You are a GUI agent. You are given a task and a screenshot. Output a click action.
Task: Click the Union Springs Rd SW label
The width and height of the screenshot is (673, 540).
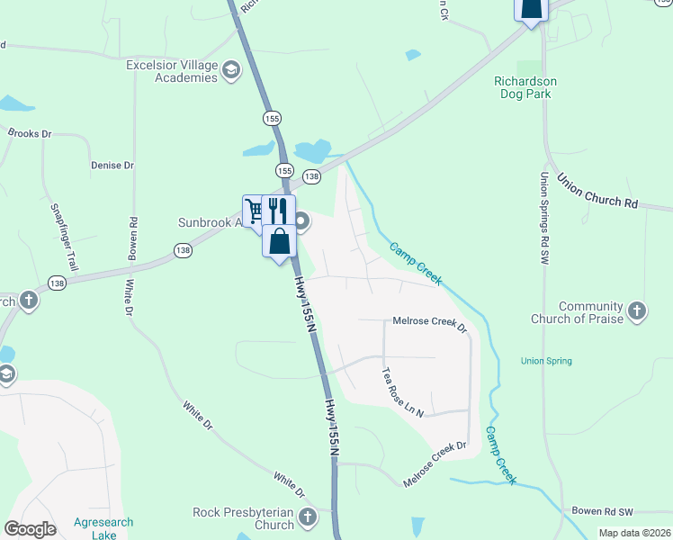pos(544,219)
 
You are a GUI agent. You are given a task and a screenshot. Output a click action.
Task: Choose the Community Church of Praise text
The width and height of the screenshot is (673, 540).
pos(591,312)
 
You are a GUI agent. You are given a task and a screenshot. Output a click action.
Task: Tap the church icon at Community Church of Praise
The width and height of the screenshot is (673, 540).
pos(637,311)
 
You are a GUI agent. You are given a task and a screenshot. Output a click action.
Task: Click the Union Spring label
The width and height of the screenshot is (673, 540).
pos(546,362)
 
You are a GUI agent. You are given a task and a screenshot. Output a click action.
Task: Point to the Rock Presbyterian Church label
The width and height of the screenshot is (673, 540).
pos(244,518)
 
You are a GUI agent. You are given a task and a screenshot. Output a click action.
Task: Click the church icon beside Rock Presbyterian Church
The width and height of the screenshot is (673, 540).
pos(309,517)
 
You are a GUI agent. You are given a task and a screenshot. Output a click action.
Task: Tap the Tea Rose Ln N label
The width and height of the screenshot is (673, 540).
pos(401,391)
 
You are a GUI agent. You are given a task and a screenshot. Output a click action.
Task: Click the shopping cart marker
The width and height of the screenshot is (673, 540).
pos(255,211)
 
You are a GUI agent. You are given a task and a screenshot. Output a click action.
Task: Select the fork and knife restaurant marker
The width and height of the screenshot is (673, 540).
pos(278,211)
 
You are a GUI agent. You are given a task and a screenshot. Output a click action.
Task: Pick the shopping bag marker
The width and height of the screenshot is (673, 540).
pos(280,240)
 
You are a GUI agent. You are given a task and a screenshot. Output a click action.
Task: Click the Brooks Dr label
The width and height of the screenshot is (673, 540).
pos(30,133)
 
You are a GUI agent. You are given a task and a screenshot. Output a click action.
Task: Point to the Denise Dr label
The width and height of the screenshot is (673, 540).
pos(112,166)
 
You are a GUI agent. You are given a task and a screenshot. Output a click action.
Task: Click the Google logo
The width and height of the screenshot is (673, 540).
pos(30,529)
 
